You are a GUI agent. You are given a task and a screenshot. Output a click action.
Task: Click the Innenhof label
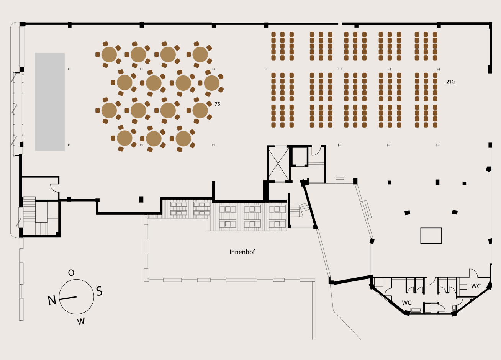click(242, 252)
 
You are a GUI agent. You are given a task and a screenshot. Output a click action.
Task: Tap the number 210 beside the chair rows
click(450, 82)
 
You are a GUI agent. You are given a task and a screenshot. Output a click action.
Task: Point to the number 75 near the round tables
click(217, 104)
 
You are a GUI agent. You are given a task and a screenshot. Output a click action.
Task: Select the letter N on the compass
click(52, 300)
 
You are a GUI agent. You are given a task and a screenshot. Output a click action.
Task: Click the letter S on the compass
click(99, 291)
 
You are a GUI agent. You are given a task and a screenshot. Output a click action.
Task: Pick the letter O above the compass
click(71, 273)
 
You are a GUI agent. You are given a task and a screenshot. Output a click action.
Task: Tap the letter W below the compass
click(81, 322)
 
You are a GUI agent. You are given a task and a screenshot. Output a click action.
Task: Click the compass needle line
click(68, 298)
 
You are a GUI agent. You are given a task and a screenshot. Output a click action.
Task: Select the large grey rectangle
click(50, 102)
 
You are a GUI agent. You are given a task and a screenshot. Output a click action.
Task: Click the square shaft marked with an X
click(278, 164)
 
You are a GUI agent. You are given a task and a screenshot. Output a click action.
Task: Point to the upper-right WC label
click(476, 286)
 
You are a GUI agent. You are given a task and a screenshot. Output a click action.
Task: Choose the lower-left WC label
click(407, 303)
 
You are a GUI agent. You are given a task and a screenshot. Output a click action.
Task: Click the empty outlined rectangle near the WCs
click(431, 236)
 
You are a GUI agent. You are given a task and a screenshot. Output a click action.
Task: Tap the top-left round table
click(109, 54)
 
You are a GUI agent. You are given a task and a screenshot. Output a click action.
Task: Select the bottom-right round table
click(183, 139)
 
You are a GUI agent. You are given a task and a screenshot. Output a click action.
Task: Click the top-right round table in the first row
click(200, 54)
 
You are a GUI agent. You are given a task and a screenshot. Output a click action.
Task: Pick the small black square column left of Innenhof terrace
click(141, 200)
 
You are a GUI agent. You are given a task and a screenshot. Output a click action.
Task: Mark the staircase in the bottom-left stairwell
click(29, 209)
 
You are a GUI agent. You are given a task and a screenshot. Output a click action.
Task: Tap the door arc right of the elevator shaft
click(316, 151)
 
